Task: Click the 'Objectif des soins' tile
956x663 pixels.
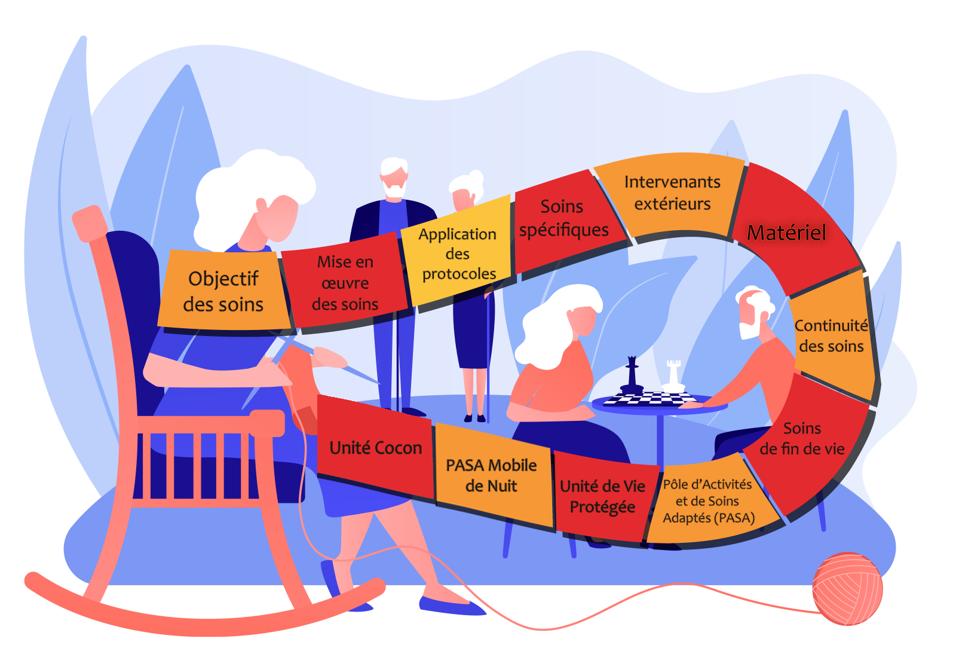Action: (223, 291)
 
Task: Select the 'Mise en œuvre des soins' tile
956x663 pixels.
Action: (345, 283)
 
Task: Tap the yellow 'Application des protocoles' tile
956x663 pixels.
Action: (458, 253)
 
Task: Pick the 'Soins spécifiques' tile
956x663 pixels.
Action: (563, 218)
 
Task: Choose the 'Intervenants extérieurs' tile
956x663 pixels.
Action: (672, 193)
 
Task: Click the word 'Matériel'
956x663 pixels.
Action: (786, 233)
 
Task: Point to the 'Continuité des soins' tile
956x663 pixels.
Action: (831, 335)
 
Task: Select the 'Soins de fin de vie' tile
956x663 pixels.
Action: (802, 438)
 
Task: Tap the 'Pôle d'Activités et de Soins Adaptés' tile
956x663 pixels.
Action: (709, 501)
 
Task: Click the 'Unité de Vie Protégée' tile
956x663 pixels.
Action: (602, 496)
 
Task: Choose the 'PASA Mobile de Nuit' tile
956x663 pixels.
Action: (491, 475)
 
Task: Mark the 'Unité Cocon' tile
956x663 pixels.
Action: (376, 448)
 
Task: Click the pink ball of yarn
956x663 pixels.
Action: (847, 588)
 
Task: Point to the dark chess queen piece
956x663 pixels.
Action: (632, 377)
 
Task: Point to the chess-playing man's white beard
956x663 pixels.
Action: (749, 329)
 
